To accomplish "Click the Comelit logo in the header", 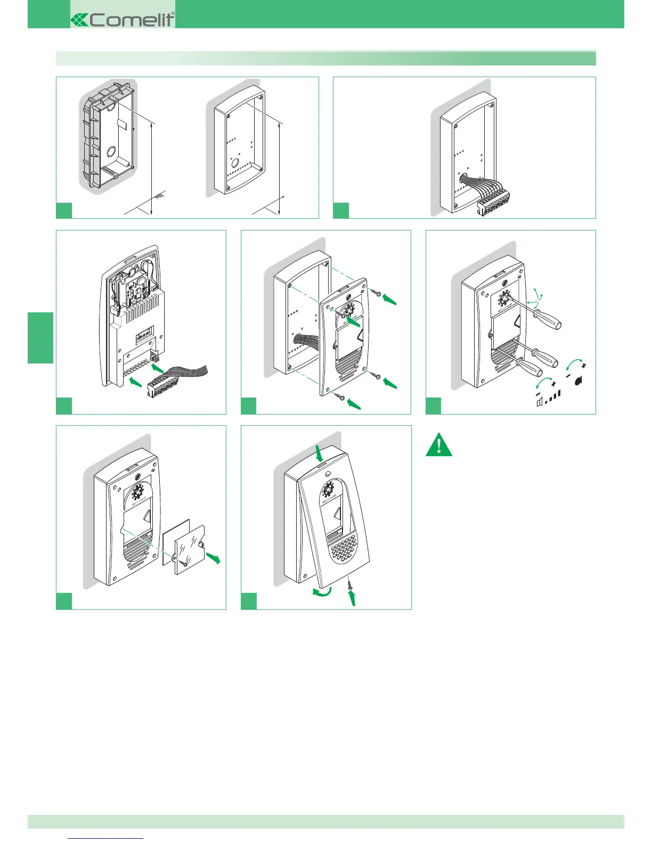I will tap(123, 20).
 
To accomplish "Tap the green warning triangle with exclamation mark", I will tap(439, 446).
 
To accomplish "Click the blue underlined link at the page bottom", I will tap(106, 837).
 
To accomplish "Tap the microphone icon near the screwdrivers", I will tap(578, 380).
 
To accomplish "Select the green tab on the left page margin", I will tap(40, 338).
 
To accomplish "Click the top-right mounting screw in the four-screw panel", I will tap(377, 293).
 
